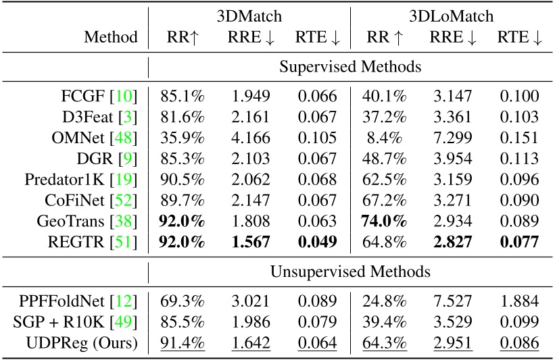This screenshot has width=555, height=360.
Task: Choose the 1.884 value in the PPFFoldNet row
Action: [x=519, y=301]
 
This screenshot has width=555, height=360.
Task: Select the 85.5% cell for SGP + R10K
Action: [x=182, y=323]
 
